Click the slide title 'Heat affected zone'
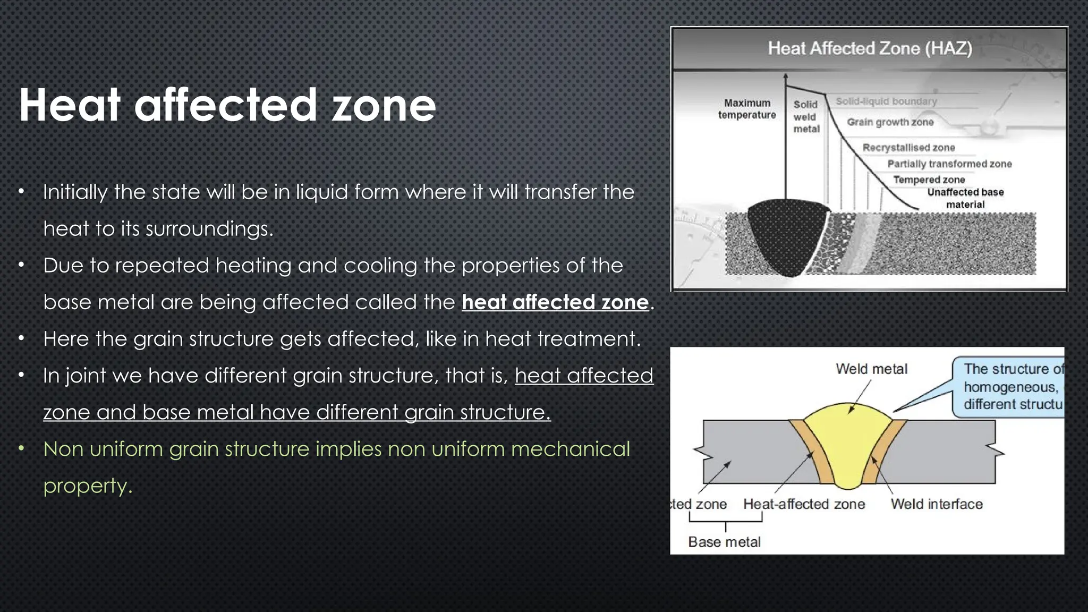[227, 105]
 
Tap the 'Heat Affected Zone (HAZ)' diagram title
[870, 48]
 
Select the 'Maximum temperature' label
[747, 109]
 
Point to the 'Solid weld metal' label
[806, 117]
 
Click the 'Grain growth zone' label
[890, 122]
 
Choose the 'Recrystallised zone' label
[908, 148]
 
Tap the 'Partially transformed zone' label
[949, 164]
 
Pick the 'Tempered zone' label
[929, 180]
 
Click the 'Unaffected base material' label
[965, 198]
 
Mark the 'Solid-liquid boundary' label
[886, 101]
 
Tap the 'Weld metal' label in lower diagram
[871, 369]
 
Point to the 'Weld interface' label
[937, 504]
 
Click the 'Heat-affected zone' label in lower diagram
[804, 504]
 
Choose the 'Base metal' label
[724, 542]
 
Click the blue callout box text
[1012, 387]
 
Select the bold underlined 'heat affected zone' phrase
[555, 302]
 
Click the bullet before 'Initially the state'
[21, 192]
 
